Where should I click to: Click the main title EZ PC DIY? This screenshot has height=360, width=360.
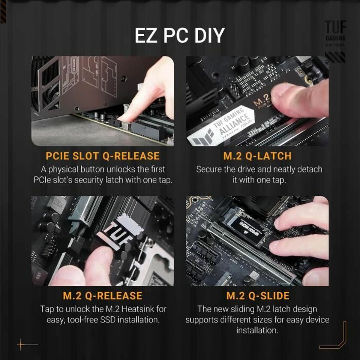pos(179,36)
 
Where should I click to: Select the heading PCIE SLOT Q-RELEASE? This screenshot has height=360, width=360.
pos(103,156)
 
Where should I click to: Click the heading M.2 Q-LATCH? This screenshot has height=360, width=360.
pos(257,156)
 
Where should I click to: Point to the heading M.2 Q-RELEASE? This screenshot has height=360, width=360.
pos(103,295)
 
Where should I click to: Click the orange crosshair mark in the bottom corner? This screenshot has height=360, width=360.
pos(21,345)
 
